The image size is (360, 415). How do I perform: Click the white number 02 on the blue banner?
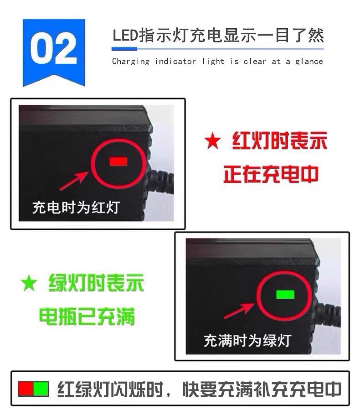[53, 50]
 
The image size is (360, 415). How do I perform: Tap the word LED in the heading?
[125, 36]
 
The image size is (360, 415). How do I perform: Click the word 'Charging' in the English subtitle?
[131, 61]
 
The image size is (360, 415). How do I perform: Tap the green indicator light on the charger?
[285, 294]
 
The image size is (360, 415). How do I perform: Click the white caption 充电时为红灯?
[76, 207]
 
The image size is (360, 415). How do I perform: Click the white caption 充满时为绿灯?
[247, 340]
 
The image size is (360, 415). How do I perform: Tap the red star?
[212, 142]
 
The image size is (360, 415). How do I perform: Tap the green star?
[29, 284]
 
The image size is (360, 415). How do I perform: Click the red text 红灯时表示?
[280, 142]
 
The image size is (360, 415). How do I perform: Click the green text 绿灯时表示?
[96, 284]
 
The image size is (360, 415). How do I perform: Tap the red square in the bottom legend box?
[25, 389]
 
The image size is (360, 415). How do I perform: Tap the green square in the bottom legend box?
[41, 389]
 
